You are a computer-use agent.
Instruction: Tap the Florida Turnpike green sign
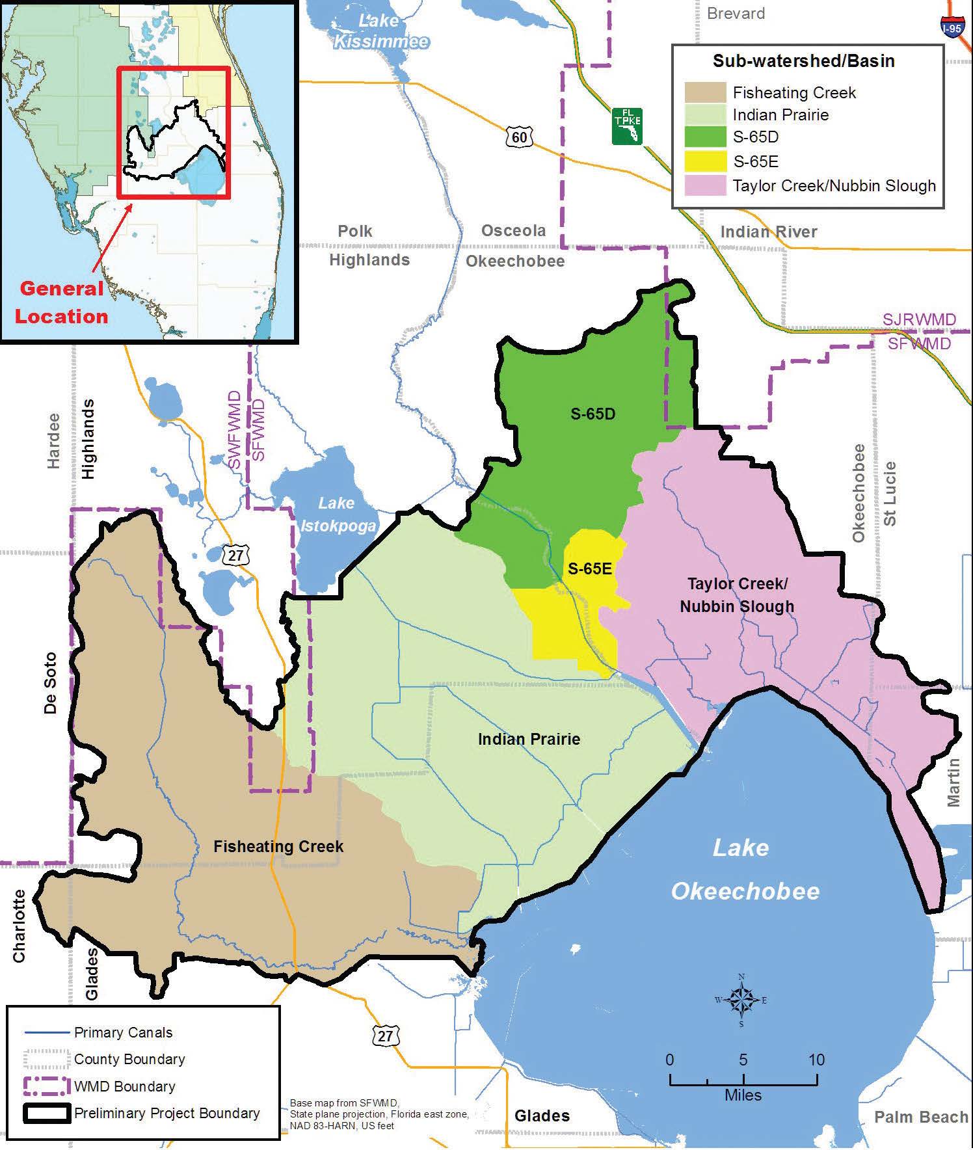point(627,126)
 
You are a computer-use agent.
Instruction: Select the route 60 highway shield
point(519,137)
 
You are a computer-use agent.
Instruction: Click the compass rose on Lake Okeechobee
point(741,1000)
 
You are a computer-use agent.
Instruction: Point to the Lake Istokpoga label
point(336,514)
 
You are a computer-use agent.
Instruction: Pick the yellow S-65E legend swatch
point(705,161)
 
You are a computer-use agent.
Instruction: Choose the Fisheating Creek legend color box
point(705,92)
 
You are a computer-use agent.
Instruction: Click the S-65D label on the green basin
point(593,414)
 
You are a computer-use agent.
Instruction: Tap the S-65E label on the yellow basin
point(590,568)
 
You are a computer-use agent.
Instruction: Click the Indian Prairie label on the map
point(529,739)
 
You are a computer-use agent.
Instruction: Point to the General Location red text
point(61,302)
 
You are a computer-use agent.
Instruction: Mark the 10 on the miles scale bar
point(816,1059)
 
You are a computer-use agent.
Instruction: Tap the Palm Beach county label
point(921,1117)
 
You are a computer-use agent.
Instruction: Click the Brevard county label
point(736,13)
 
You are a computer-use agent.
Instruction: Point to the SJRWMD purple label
point(919,319)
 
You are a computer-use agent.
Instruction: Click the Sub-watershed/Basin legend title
point(803,61)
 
